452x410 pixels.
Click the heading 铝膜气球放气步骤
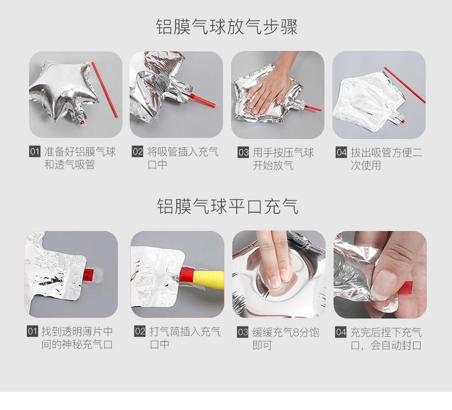pyautogui.click(x=227, y=27)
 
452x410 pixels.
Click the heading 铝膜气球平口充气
pyautogui.click(x=228, y=206)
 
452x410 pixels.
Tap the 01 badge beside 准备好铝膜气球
pyautogui.click(x=34, y=152)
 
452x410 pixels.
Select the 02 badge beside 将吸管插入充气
pyautogui.click(x=137, y=152)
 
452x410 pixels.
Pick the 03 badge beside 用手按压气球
pyautogui.click(x=243, y=152)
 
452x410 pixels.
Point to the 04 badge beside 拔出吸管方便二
pyautogui.click(x=342, y=152)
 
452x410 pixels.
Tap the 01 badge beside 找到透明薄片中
pyautogui.click(x=32, y=331)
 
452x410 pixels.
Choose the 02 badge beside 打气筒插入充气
pyautogui.click(x=140, y=331)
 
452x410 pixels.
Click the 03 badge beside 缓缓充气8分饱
pyautogui.click(x=243, y=332)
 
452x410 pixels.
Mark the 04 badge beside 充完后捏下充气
pyautogui.click(x=341, y=332)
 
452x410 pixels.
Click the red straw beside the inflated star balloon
pyautogui.click(x=105, y=90)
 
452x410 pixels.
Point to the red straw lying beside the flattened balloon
pyautogui.click(x=405, y=85)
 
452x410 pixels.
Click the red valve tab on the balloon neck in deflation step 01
pyautogui.click(x=82, y=123)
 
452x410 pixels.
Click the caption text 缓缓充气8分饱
pyautogui.click(x=286, y=332)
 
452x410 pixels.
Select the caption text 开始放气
pyautogui.click(x=273, y=165)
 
